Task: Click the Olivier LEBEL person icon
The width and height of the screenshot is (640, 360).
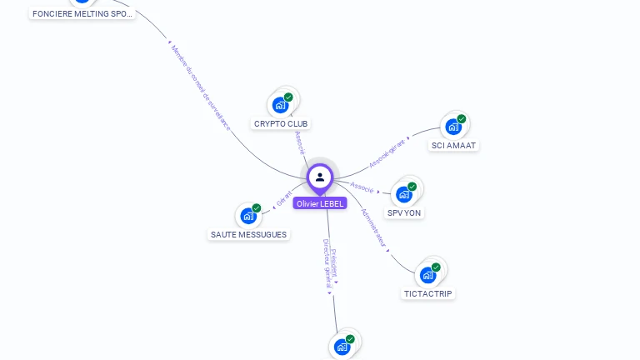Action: coord(320,177)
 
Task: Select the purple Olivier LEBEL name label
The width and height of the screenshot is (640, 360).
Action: coord(320,203)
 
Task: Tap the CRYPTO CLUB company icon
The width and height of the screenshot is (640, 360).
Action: coord(281,105)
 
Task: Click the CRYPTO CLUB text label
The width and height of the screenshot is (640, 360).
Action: coord(281,124)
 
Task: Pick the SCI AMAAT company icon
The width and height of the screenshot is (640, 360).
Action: coord(453,127)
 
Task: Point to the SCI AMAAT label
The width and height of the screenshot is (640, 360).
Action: coord(453,146)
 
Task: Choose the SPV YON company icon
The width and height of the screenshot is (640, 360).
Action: coord(404,194)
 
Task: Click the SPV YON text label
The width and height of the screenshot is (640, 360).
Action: coord(404,213)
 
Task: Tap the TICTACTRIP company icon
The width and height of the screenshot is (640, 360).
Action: coord(428,274)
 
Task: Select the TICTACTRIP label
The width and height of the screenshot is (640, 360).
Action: coord(428,293)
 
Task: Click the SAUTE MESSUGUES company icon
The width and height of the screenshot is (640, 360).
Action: coord(248,216)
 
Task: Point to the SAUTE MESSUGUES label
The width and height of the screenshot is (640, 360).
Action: coord(248,235)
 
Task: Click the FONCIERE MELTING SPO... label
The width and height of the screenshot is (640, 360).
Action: coord(82,14)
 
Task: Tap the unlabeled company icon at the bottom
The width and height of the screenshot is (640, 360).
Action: coord(342,347)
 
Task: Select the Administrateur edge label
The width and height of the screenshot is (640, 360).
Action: coord(374,228)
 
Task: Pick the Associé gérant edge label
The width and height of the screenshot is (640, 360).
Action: coord(387,150)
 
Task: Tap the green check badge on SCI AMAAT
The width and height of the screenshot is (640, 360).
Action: coord(462,118)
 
